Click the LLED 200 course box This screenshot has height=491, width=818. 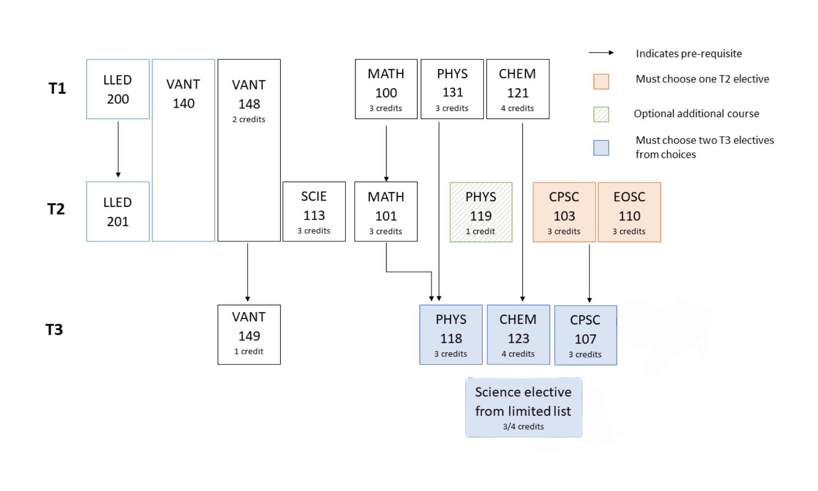[118, 89]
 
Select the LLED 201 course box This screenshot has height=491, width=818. [118, 212]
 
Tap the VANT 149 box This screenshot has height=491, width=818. [249, 334]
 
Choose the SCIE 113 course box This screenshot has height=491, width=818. [314, 212]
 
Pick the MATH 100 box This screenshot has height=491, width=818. [386, 89]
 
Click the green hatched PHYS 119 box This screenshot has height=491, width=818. [481, 212]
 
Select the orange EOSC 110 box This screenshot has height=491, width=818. [629, 212]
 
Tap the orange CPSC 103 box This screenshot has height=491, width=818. [564, 212]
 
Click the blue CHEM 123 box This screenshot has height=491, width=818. [518, 334]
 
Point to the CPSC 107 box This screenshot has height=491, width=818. [586, 335]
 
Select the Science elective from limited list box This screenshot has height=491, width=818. [523, 407]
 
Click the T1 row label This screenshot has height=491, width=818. [57, 88]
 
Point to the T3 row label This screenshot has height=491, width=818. [54, 330]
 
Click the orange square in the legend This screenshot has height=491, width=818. [601, 81]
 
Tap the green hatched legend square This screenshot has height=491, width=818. [601, 114]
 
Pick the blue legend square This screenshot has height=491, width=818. [601, 148]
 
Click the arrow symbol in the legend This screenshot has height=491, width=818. [601, 53]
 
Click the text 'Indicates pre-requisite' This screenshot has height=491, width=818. [688, 54]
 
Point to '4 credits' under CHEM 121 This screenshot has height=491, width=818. [517, 108]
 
